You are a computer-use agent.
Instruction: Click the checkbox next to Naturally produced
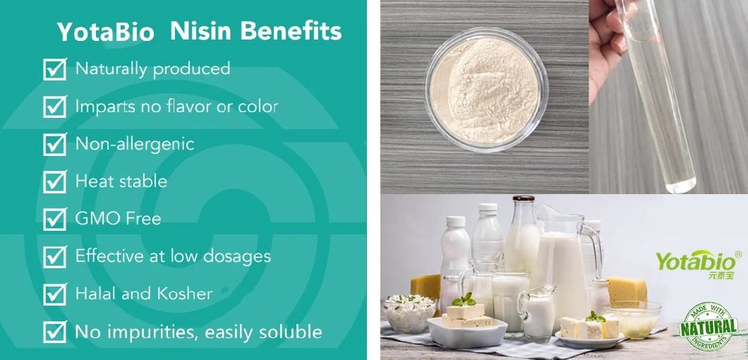tap(54, 69)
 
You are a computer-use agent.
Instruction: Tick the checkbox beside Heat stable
tap(54, 181)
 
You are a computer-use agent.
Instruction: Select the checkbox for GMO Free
tap(54, 219)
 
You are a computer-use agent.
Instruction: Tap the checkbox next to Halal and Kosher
tap(54, 294)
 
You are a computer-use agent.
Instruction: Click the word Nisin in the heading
tap(205, 31)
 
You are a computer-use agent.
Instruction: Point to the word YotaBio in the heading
tap(107, 32)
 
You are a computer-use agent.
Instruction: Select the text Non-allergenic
tap(134, 144)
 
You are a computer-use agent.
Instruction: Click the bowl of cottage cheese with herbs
tap(409, 311)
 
